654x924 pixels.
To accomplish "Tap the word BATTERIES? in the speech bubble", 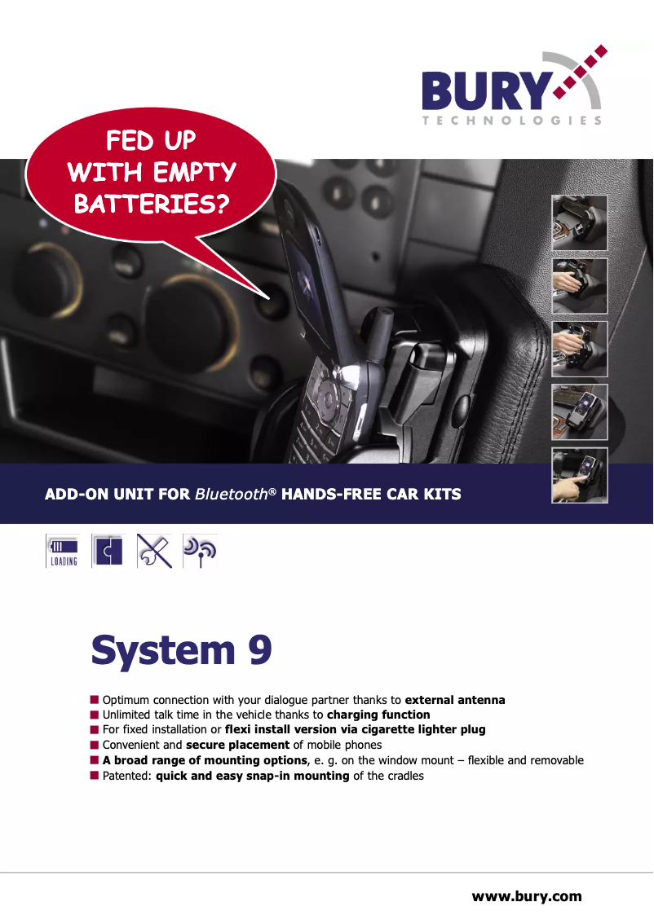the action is point(152,205).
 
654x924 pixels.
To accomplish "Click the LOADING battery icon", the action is point(63,551).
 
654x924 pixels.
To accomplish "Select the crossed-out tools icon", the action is point(154,551).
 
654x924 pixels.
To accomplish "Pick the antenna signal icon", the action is point(200,551).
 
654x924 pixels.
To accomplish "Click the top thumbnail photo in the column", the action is point(579,222).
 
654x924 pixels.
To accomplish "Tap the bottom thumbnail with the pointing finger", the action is point(579,476).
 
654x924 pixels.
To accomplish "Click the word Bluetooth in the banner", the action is point(231,494).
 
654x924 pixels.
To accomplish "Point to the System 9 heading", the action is point(181,650).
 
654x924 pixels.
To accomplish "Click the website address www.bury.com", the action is point(527,896).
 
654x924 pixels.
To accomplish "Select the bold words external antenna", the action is point(455,700).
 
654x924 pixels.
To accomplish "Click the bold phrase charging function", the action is point(378,715).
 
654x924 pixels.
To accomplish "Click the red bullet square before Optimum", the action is point(95,699).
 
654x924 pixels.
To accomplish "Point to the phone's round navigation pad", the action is point(328,400).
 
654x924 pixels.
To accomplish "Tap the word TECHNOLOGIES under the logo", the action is point(512,121).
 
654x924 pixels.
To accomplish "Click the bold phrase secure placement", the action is point(237,745).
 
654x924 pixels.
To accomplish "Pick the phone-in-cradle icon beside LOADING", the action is point(108,551).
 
